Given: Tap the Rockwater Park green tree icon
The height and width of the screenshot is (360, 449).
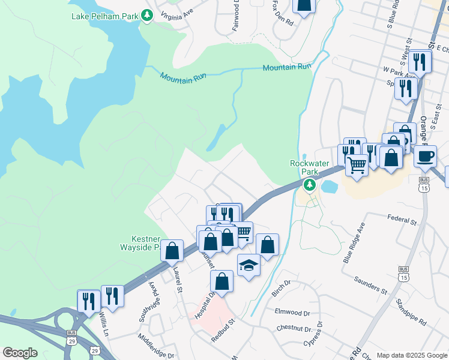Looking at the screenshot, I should click(310, 185).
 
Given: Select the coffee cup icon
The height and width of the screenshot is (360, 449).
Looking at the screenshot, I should click(425, 157).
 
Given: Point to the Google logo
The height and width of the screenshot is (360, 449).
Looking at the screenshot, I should click(20, 353).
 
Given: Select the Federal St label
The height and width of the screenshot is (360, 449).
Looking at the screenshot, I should click(402, 220).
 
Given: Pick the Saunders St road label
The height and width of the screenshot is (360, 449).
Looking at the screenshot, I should click(370, 284).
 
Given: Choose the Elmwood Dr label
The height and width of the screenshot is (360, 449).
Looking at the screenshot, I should click(292, 313).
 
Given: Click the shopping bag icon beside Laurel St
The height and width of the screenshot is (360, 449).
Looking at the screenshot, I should click(172, 251).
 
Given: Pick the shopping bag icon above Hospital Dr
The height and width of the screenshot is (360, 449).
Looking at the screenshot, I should click(221, 281).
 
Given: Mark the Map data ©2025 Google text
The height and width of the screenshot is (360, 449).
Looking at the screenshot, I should click(411, 355).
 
